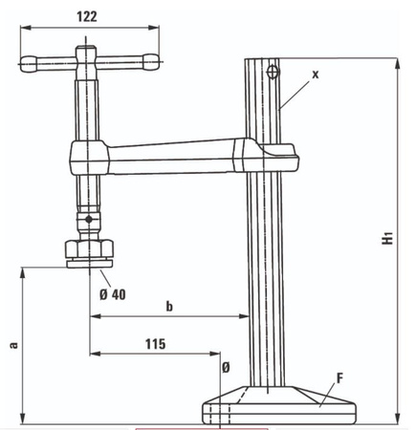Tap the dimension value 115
[155, 342]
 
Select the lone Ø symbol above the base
[226, 367]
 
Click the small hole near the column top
[274, 71]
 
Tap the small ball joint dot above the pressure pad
[89, 221]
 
